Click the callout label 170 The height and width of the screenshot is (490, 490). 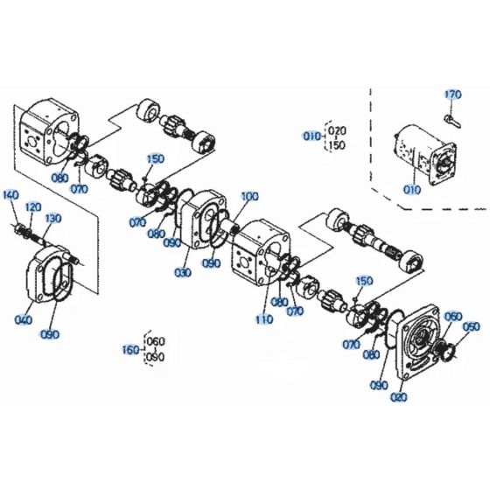452,94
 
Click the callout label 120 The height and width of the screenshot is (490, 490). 33,206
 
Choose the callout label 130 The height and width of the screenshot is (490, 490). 52,218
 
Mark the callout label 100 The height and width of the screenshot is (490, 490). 249,197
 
